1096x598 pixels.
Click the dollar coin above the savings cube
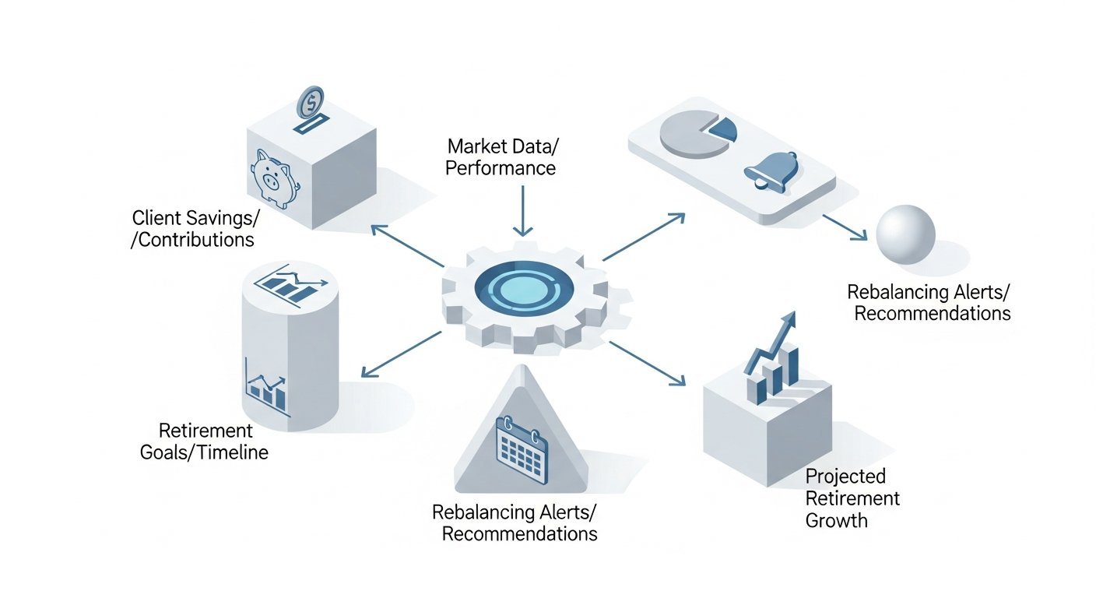[x=311, y=102]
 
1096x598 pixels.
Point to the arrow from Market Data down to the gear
[x=522, y=211]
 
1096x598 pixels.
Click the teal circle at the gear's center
[x=524, y=289]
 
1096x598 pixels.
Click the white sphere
[x=905, y=234]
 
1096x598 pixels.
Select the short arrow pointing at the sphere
[x=845, y=227]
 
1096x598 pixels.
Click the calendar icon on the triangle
[x=522, y=450]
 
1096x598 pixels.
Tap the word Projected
[x=845, y=477]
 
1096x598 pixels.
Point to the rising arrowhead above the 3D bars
[x=789, y=321]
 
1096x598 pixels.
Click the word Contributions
[x=192, y=240]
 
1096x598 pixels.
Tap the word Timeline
[x=233, y=452]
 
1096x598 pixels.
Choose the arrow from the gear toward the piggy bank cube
[x=408, y=245]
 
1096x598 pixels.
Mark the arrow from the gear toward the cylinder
[x=401, y=354]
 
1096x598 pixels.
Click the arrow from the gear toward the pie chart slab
[x=644, y=237]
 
